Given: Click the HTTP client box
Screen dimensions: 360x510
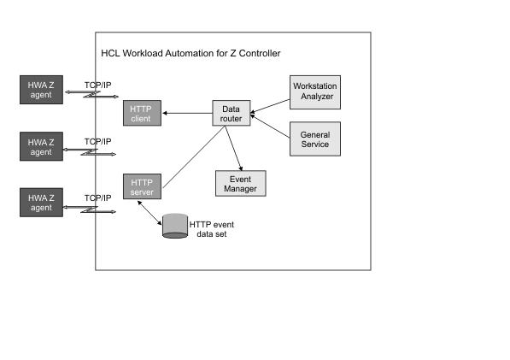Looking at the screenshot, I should pyautogui.click(x=140, y=113).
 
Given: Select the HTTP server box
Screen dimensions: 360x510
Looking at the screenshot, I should pyautogui.click(x=140, y=186).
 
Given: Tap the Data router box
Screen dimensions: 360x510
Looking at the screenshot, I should pyautogui.click(x=231, y=115).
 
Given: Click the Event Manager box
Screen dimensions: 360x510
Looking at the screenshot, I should pyautogui.click(x=241, y=182).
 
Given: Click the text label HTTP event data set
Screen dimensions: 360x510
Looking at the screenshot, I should pyautogui.click(x=211, y=229).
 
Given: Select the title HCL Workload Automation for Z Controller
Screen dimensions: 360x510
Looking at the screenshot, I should pyautogui.click(x=191, y=54).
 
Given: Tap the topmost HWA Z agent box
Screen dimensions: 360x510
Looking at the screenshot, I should pyautogui.click(x=41, y=89).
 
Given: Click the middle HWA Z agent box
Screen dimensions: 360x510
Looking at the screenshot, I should pyautogui.click(x=41, y=146).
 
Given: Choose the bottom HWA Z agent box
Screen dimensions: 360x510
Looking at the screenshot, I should pyautogui.click(x=41, y=203).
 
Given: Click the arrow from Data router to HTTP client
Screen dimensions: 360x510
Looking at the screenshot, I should pyautogui.click(x=186, y=113).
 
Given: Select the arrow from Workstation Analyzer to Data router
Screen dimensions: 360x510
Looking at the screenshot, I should pyautogui.click(x=269, y=104).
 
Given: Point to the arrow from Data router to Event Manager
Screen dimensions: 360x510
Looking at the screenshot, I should pyautogui.click(x=236, y=148).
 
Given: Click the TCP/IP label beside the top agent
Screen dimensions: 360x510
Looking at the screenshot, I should pyautogui.click(x=97, y=85).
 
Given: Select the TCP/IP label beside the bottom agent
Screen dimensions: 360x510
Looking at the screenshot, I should pyautogui.click(x=97, y=198).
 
